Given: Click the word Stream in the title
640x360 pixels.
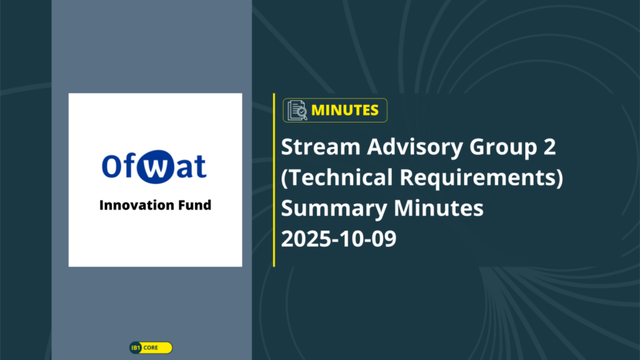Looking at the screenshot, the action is pos(321,146).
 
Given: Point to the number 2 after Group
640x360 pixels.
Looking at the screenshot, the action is pos(549,146).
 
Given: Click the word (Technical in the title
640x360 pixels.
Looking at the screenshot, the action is pos(337,177).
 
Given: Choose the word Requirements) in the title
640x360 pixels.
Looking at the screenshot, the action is pos(481,178).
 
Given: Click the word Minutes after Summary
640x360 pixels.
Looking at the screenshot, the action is pos(439,208).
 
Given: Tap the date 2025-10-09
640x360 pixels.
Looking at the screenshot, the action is pos(339,239).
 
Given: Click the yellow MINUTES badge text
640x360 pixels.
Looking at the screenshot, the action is pos(345,110).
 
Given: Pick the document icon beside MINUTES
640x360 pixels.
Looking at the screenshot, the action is pos(297,110).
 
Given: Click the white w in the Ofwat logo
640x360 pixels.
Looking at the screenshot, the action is pos(155,168).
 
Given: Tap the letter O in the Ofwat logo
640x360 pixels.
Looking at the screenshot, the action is pos(111,166).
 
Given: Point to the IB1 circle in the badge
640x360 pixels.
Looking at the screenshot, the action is pos(136,348).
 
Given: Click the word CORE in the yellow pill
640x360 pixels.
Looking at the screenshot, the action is pos(150,348).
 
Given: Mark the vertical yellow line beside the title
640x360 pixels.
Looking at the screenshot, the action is pos(274,180).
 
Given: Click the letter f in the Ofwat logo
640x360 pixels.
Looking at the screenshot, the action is pos(127,165).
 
